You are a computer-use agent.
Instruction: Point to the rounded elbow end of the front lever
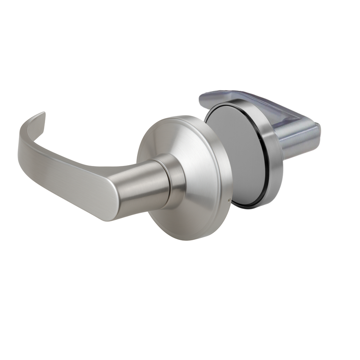[x=108, y=207]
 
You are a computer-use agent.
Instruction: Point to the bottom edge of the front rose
[x=189, y=238]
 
